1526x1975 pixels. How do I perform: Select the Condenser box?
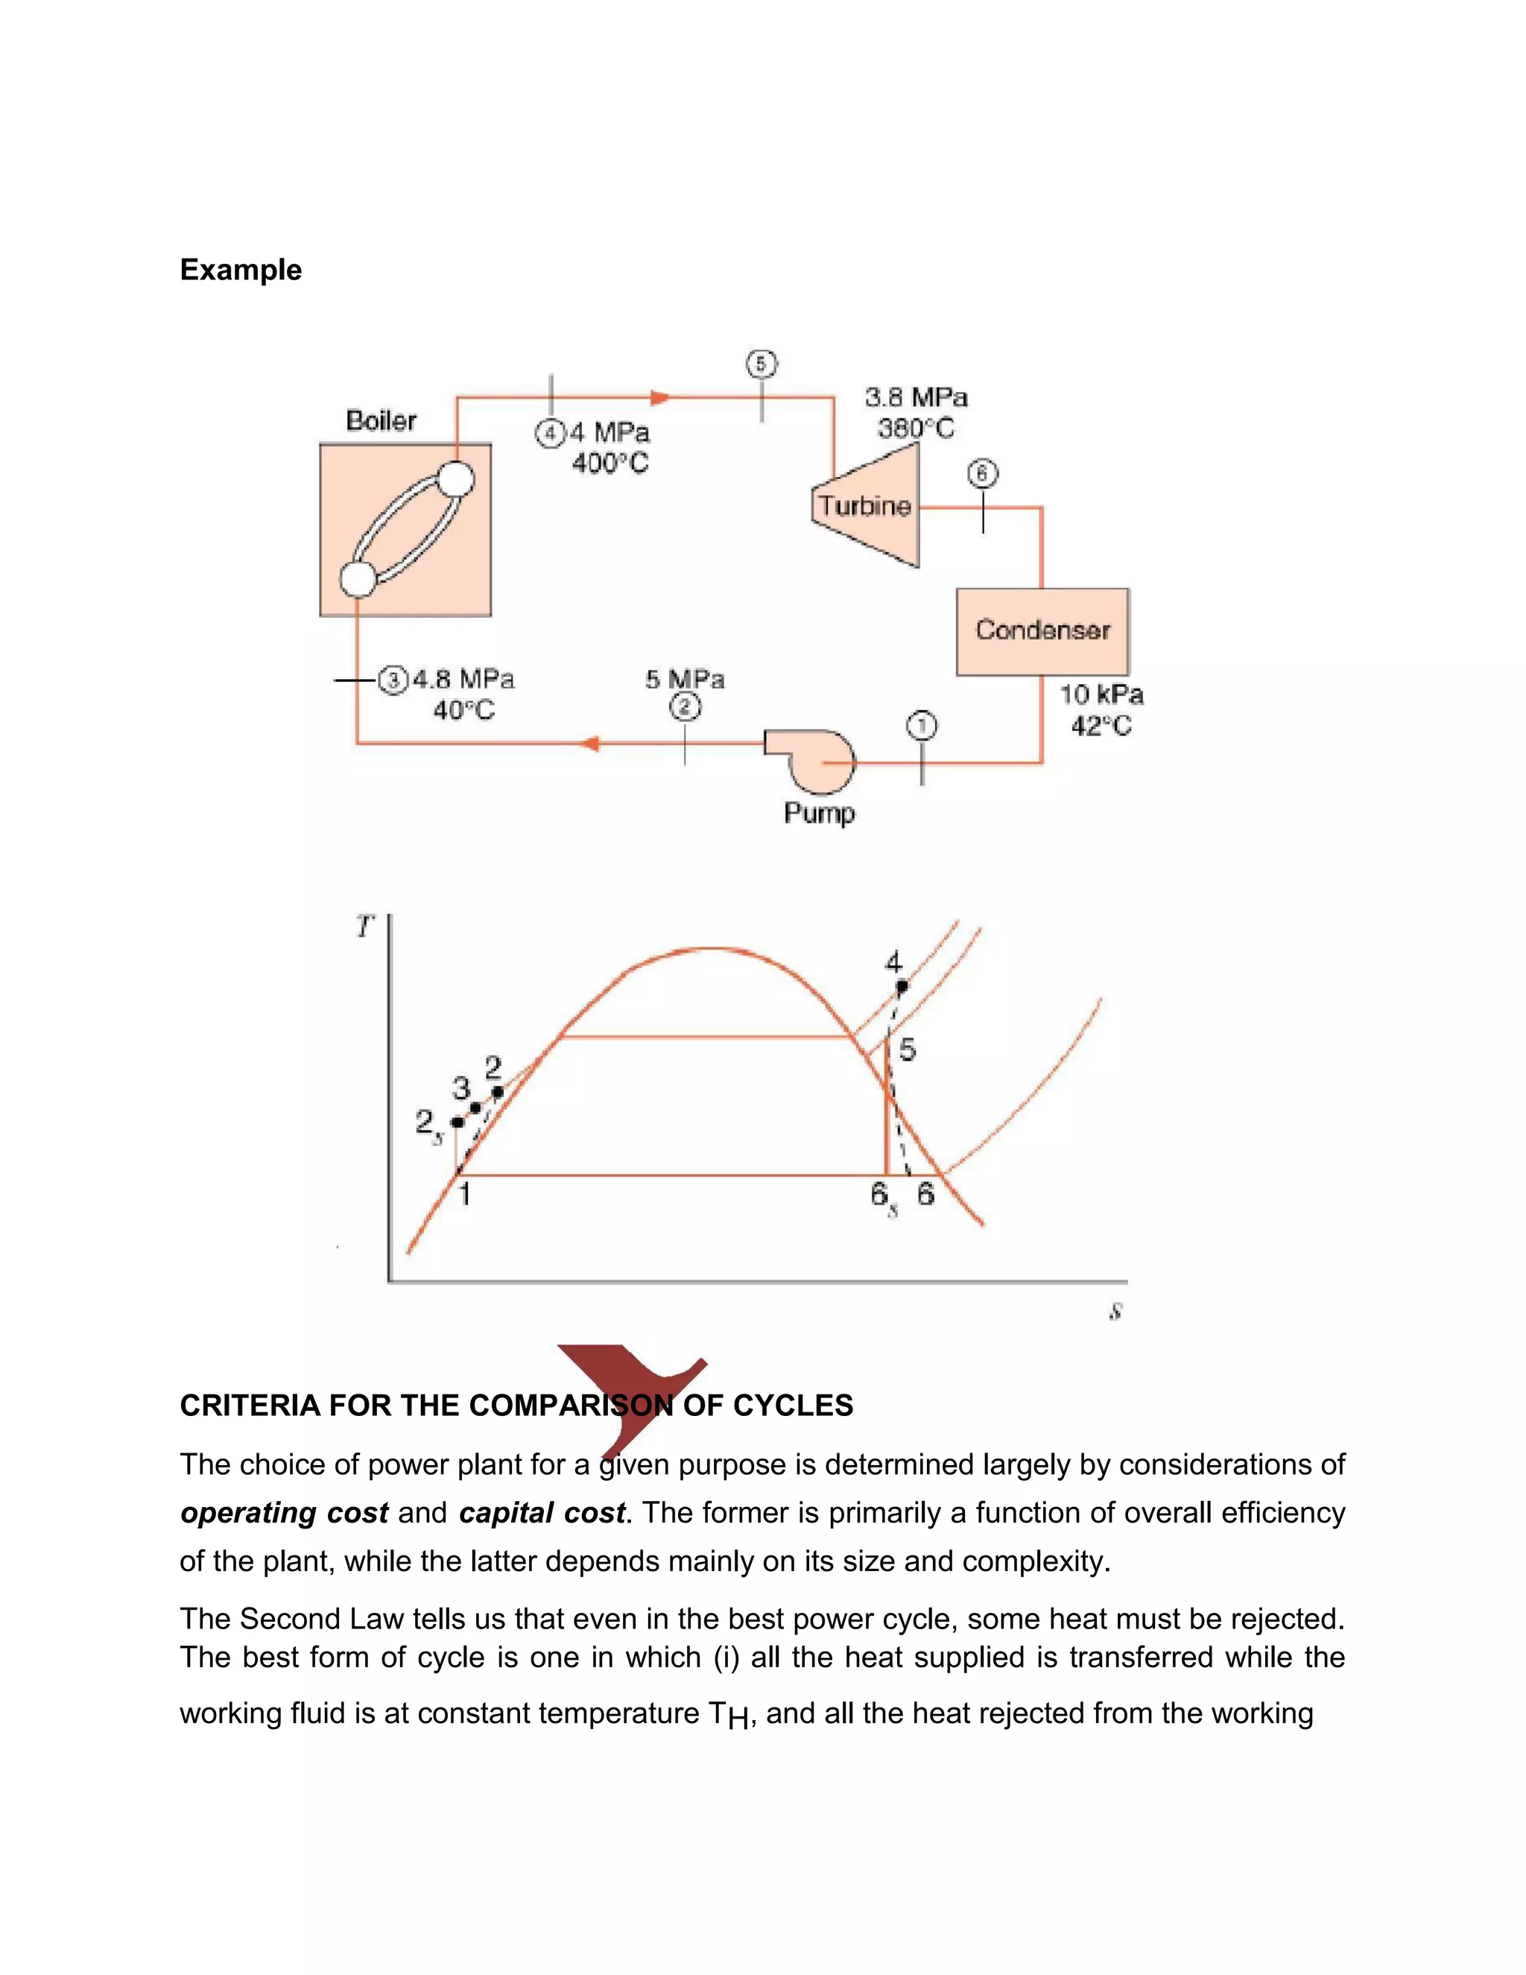[1042, 631]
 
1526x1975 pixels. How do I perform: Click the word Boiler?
[381, 420]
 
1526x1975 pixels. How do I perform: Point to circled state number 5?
[762, 364]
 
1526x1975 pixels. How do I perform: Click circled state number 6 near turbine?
[983, 474]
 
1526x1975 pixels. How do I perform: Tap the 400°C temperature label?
[610, 464]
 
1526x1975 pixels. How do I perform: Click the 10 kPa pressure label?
[1101, 695]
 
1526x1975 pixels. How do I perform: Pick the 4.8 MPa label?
[463, 678]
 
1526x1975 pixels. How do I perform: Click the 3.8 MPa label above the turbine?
[915, 397]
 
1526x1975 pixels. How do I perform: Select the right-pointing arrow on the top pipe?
[660, 398]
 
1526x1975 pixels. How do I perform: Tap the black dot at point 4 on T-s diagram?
[902, 986]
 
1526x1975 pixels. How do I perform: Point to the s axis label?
[1115, 1311]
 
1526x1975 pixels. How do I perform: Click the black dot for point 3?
[475, 1107]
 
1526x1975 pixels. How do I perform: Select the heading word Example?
[241, 270]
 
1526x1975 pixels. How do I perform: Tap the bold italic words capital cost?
[542, 1513]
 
